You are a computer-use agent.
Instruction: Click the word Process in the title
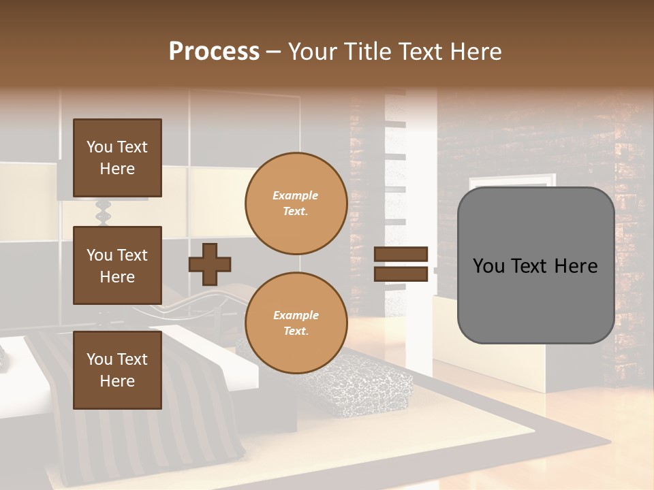coord(214,52)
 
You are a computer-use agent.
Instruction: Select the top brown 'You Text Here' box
coord(117,158)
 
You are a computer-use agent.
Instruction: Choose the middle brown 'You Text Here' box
coord(117,265)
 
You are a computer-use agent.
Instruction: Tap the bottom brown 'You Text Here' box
coord(117,370)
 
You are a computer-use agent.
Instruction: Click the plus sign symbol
coord(210,264)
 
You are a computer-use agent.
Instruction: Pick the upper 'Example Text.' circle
coord(296,203)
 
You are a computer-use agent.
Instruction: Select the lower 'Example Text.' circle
coord(296,323)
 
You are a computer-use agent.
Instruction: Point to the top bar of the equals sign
coord(401,255)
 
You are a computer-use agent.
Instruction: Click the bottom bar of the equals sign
coord(401,274)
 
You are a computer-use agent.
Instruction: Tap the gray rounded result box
coord(535,306)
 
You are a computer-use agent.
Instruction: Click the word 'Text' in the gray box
coord(533,266)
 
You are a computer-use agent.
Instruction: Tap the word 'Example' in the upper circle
coord(296,195)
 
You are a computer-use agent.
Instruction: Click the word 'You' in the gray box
coord(489,266)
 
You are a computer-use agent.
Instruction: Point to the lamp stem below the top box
coord(104,212)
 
